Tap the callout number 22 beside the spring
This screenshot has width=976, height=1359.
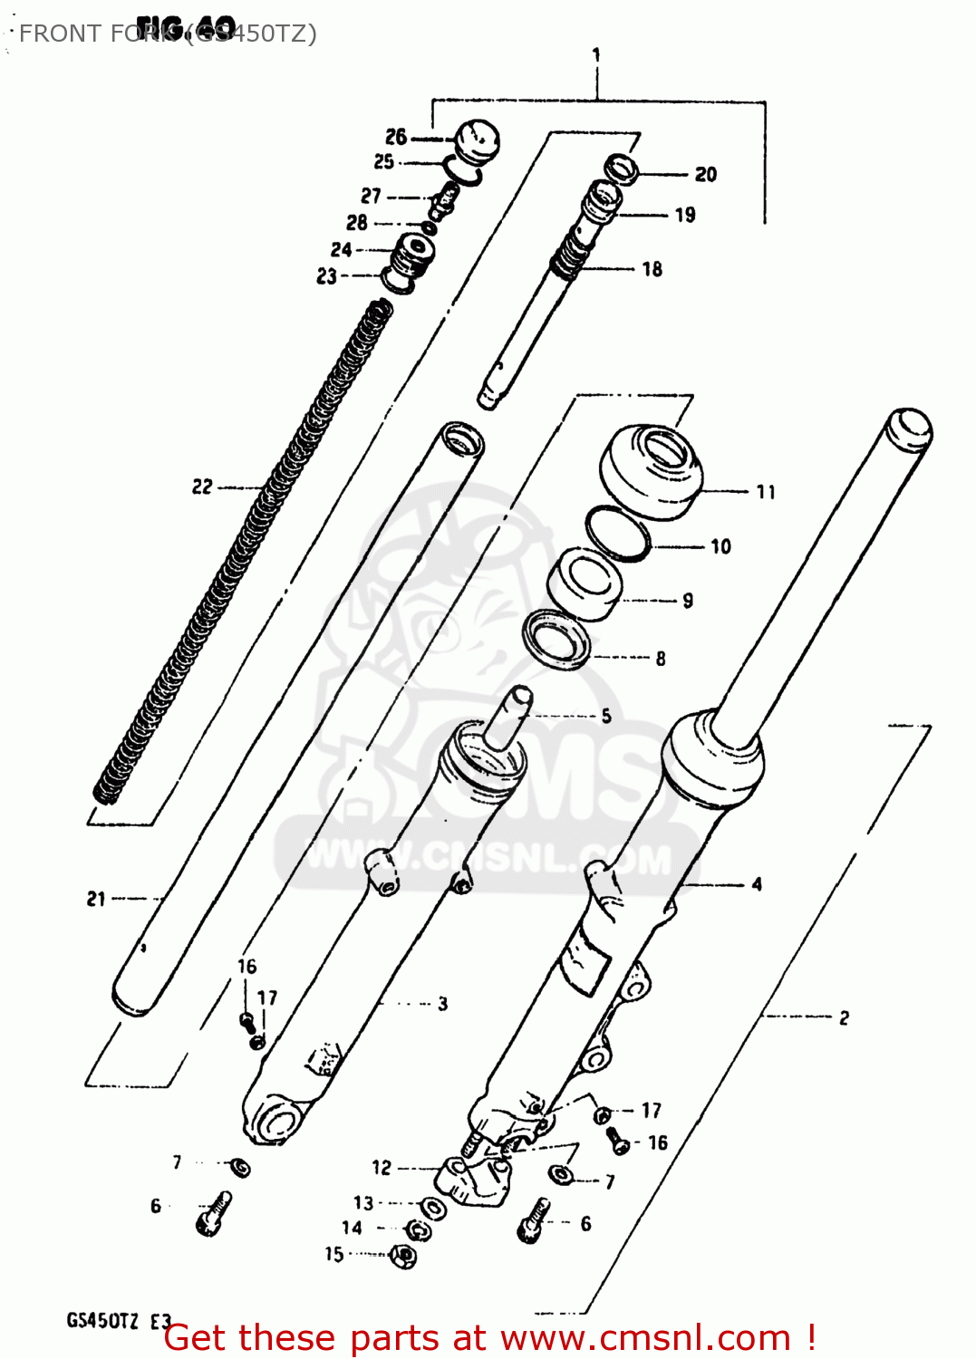coord(201,487)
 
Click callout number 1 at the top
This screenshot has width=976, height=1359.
coord(596,55)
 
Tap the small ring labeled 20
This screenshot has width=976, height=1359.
coord(623,169)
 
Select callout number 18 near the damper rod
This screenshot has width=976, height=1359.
coord(652,269)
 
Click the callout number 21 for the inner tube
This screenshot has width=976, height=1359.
coord(96,899)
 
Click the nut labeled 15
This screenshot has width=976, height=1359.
coord(403,1256)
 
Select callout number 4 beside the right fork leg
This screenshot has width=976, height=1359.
coord(757,884)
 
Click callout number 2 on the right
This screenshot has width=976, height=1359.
coord(844,1017)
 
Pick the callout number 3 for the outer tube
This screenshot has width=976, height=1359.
coord(442,1004)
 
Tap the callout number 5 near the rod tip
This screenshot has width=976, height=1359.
coord(606,716)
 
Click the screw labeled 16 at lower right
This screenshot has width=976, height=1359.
coord(619,1142)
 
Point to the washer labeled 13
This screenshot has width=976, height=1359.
coord(434,1208)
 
